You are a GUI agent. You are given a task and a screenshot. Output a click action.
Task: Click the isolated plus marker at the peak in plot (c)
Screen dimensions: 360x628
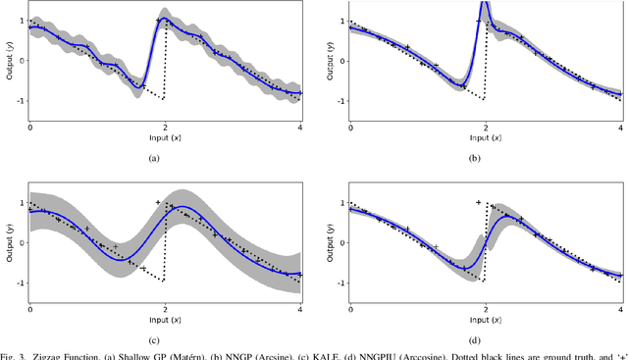158,202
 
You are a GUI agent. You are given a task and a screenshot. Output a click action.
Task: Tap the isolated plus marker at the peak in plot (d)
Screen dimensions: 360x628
478,202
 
